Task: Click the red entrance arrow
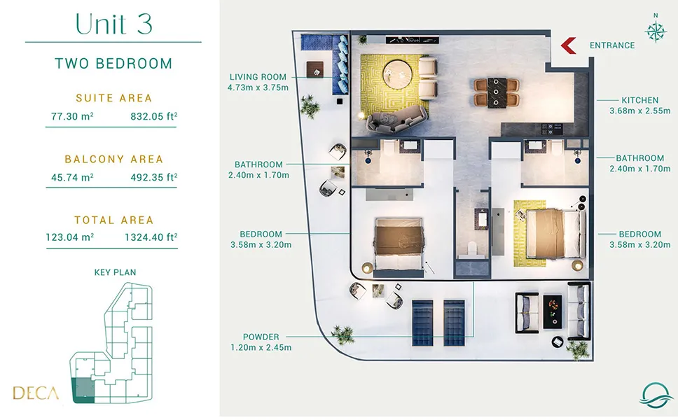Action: click(567, 45)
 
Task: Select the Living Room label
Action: click(258, 77)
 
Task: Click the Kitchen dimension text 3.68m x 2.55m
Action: click(640, 111)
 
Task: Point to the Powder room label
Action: click(261, 337)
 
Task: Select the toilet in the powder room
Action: click(473, 249)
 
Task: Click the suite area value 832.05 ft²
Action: click(154, 116)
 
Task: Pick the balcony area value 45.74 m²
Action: click(72, 177)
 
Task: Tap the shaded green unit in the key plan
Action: click(83, 390)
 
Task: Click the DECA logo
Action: click(36, 393)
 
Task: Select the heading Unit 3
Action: click(113, 24)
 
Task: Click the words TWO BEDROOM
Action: click(113, 64)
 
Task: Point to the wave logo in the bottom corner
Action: click(656, 395)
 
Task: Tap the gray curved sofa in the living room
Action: click(397, 119)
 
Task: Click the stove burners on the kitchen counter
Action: click(552, 128)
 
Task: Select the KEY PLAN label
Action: click(115, 272)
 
